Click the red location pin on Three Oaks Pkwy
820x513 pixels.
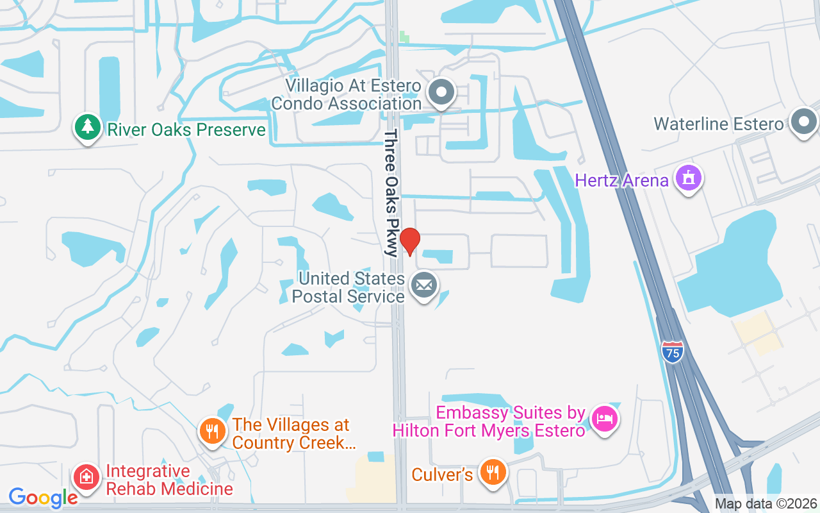pos(409,242)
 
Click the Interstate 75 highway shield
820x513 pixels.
pos(672,350)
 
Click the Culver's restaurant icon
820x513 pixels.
pos(493,473)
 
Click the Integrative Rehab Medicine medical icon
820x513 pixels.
pos(86,476)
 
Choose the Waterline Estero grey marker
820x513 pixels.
pos(803,121)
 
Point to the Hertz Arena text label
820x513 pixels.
pos(621,180)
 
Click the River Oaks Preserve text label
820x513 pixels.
pos(186,130)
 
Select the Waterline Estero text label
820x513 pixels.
pos(718,124)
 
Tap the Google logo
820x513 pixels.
pos(43,497)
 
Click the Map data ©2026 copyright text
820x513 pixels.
pos(766,503)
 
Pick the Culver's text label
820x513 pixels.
pos(442,475)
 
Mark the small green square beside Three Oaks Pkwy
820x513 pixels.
pos(404,37)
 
